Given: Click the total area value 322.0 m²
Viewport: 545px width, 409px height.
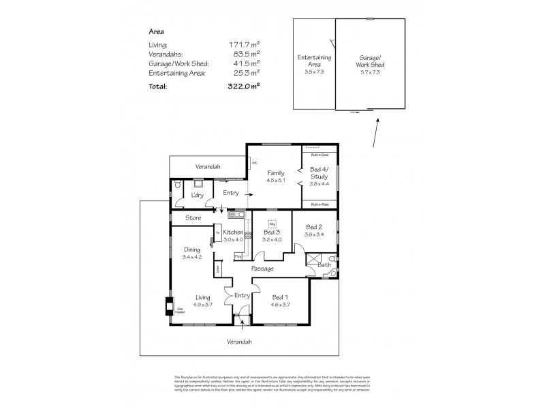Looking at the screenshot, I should click(x=243, y=86).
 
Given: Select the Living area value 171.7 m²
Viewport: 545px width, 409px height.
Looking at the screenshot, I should click(x=243, y=44).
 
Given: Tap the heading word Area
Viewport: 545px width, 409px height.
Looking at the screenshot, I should click(x=156, y=31).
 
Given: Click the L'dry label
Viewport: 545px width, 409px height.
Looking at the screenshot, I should click(x=198, y=196).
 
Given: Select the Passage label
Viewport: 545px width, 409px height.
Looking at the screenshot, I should click(x=262, y=269).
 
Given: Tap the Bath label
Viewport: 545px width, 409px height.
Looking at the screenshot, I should click(x=324, y=264).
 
